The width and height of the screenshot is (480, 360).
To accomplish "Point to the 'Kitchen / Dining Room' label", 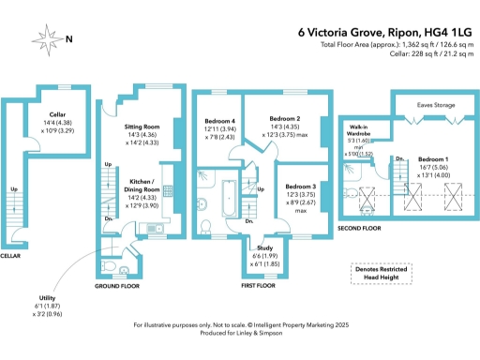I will pos(142,184).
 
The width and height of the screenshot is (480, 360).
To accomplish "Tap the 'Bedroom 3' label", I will pos(302,187).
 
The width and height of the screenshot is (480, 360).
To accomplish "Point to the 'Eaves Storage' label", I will pos(435,106).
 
